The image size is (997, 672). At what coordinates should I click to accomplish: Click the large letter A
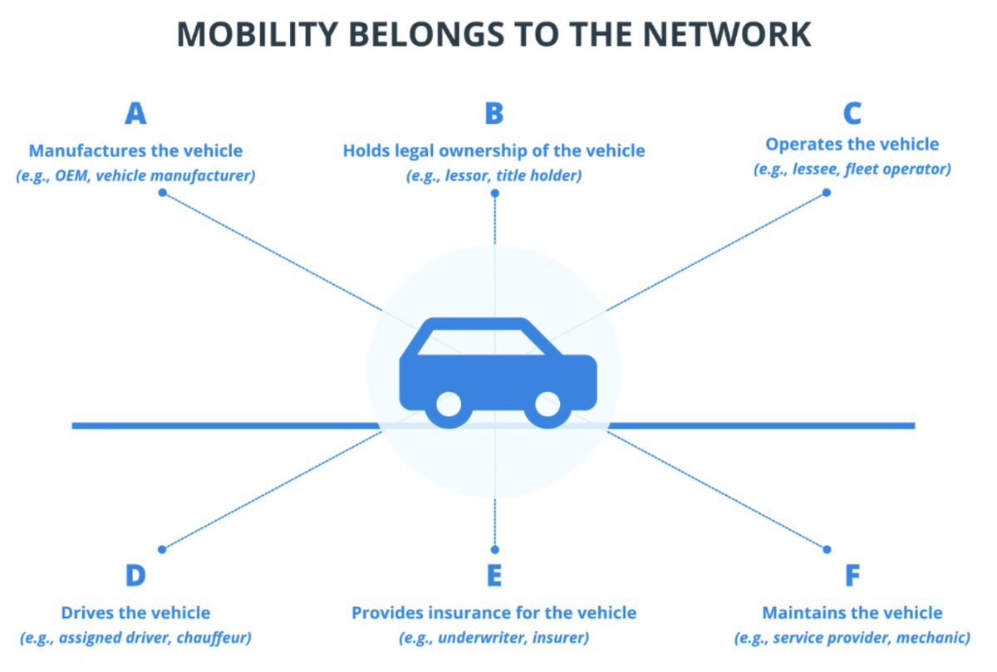coord(135,114)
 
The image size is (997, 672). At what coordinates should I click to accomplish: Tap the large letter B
coord(494,114)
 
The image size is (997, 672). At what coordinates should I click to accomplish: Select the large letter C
coord(852,114)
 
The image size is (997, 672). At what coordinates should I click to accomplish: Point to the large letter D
coord(135,575)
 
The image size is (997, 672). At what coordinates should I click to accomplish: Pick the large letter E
coord(494,575)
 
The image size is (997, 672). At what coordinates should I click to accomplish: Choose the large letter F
coord(852,575)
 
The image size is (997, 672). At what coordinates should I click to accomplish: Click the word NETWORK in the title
coord(727,34)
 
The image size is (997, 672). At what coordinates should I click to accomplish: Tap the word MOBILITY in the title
coord(258,34)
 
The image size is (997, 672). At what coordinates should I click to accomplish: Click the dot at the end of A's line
coord(163,193)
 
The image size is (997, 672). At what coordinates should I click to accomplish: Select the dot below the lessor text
coord(495,194)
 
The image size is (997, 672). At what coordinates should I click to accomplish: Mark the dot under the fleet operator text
coord(827,193)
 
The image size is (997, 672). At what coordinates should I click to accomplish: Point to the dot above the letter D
coord(162,550)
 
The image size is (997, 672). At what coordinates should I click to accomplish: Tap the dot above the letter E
coord(495,550)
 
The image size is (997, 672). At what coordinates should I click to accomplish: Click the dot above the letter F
coord(827,550)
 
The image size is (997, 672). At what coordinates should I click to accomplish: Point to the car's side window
coord(481,342)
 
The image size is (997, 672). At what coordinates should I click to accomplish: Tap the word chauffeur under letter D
coord(214,638)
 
